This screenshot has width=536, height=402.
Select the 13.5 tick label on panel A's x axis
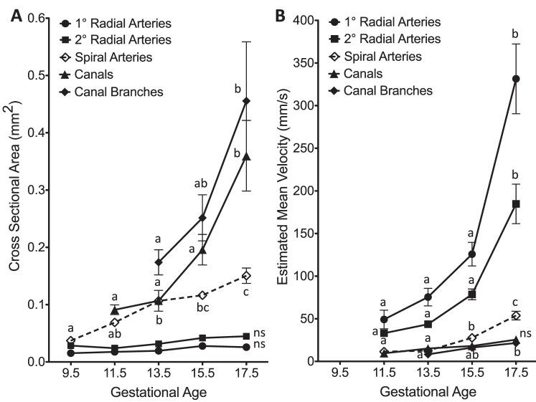159,374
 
